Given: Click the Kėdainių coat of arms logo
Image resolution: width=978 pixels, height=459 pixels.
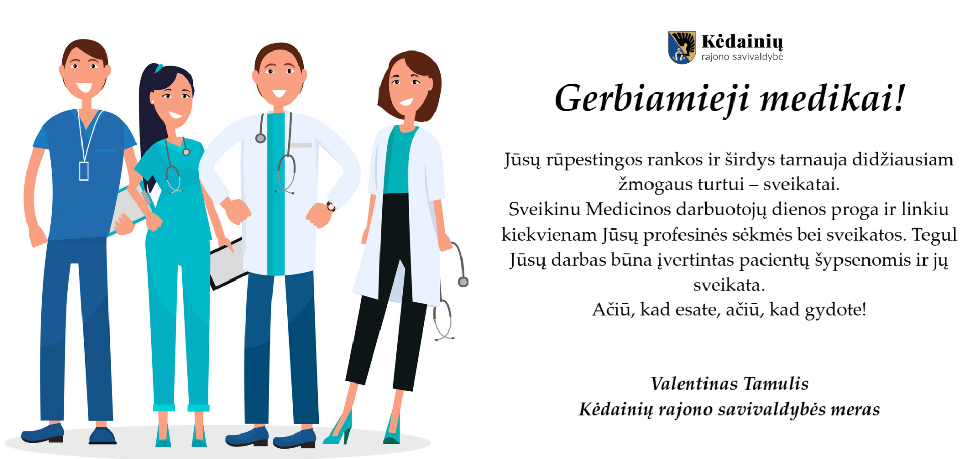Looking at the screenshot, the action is click(682, 47).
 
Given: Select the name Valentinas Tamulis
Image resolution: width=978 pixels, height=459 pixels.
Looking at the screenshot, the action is click(729, 384).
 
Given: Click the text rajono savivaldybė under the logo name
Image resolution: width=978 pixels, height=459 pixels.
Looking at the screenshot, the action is click(742, 57).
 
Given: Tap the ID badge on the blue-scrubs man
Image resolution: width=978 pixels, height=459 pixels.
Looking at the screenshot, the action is click(84, 171).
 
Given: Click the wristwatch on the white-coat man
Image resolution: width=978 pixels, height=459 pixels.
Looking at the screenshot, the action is click(331, 206).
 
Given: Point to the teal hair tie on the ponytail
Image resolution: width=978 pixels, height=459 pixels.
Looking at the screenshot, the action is click(159, 68).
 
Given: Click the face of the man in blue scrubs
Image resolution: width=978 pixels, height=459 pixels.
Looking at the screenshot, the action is click(84, 71).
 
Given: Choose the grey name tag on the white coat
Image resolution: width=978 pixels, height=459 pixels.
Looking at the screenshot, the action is click(301, 145).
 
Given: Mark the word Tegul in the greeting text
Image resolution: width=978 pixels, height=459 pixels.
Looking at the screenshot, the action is click(934, 235).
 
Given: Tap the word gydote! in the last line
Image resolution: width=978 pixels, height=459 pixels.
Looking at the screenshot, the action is click(835, 310).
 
